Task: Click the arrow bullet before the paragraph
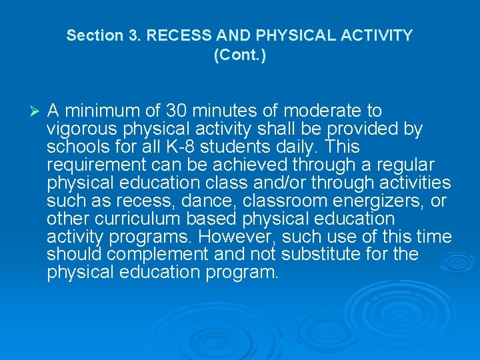tap(37, 110)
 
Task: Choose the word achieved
tap(249, 165)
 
